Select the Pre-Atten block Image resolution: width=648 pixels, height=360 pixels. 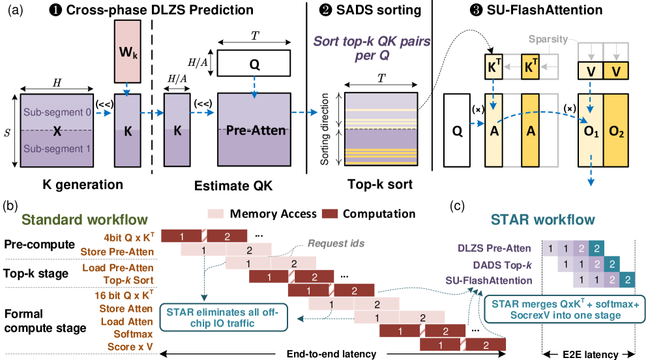click(x=255, y=130)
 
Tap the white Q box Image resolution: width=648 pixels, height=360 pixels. click(x=457, y=130)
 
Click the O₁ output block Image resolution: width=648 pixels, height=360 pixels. click(x=591, y=130)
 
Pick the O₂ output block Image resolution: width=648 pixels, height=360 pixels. click(x=616, y=130)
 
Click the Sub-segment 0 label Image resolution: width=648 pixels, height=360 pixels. click(x=58, y=112)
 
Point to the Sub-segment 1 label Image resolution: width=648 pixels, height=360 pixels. click(x=58, y=149)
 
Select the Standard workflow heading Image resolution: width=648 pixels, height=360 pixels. click(x=85, y=219)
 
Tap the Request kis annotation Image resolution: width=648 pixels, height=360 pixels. click(x=335, y=243)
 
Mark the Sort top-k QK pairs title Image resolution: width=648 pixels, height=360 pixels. click(x=372, y=48)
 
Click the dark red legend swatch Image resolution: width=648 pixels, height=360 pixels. click(x=330, y=213)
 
